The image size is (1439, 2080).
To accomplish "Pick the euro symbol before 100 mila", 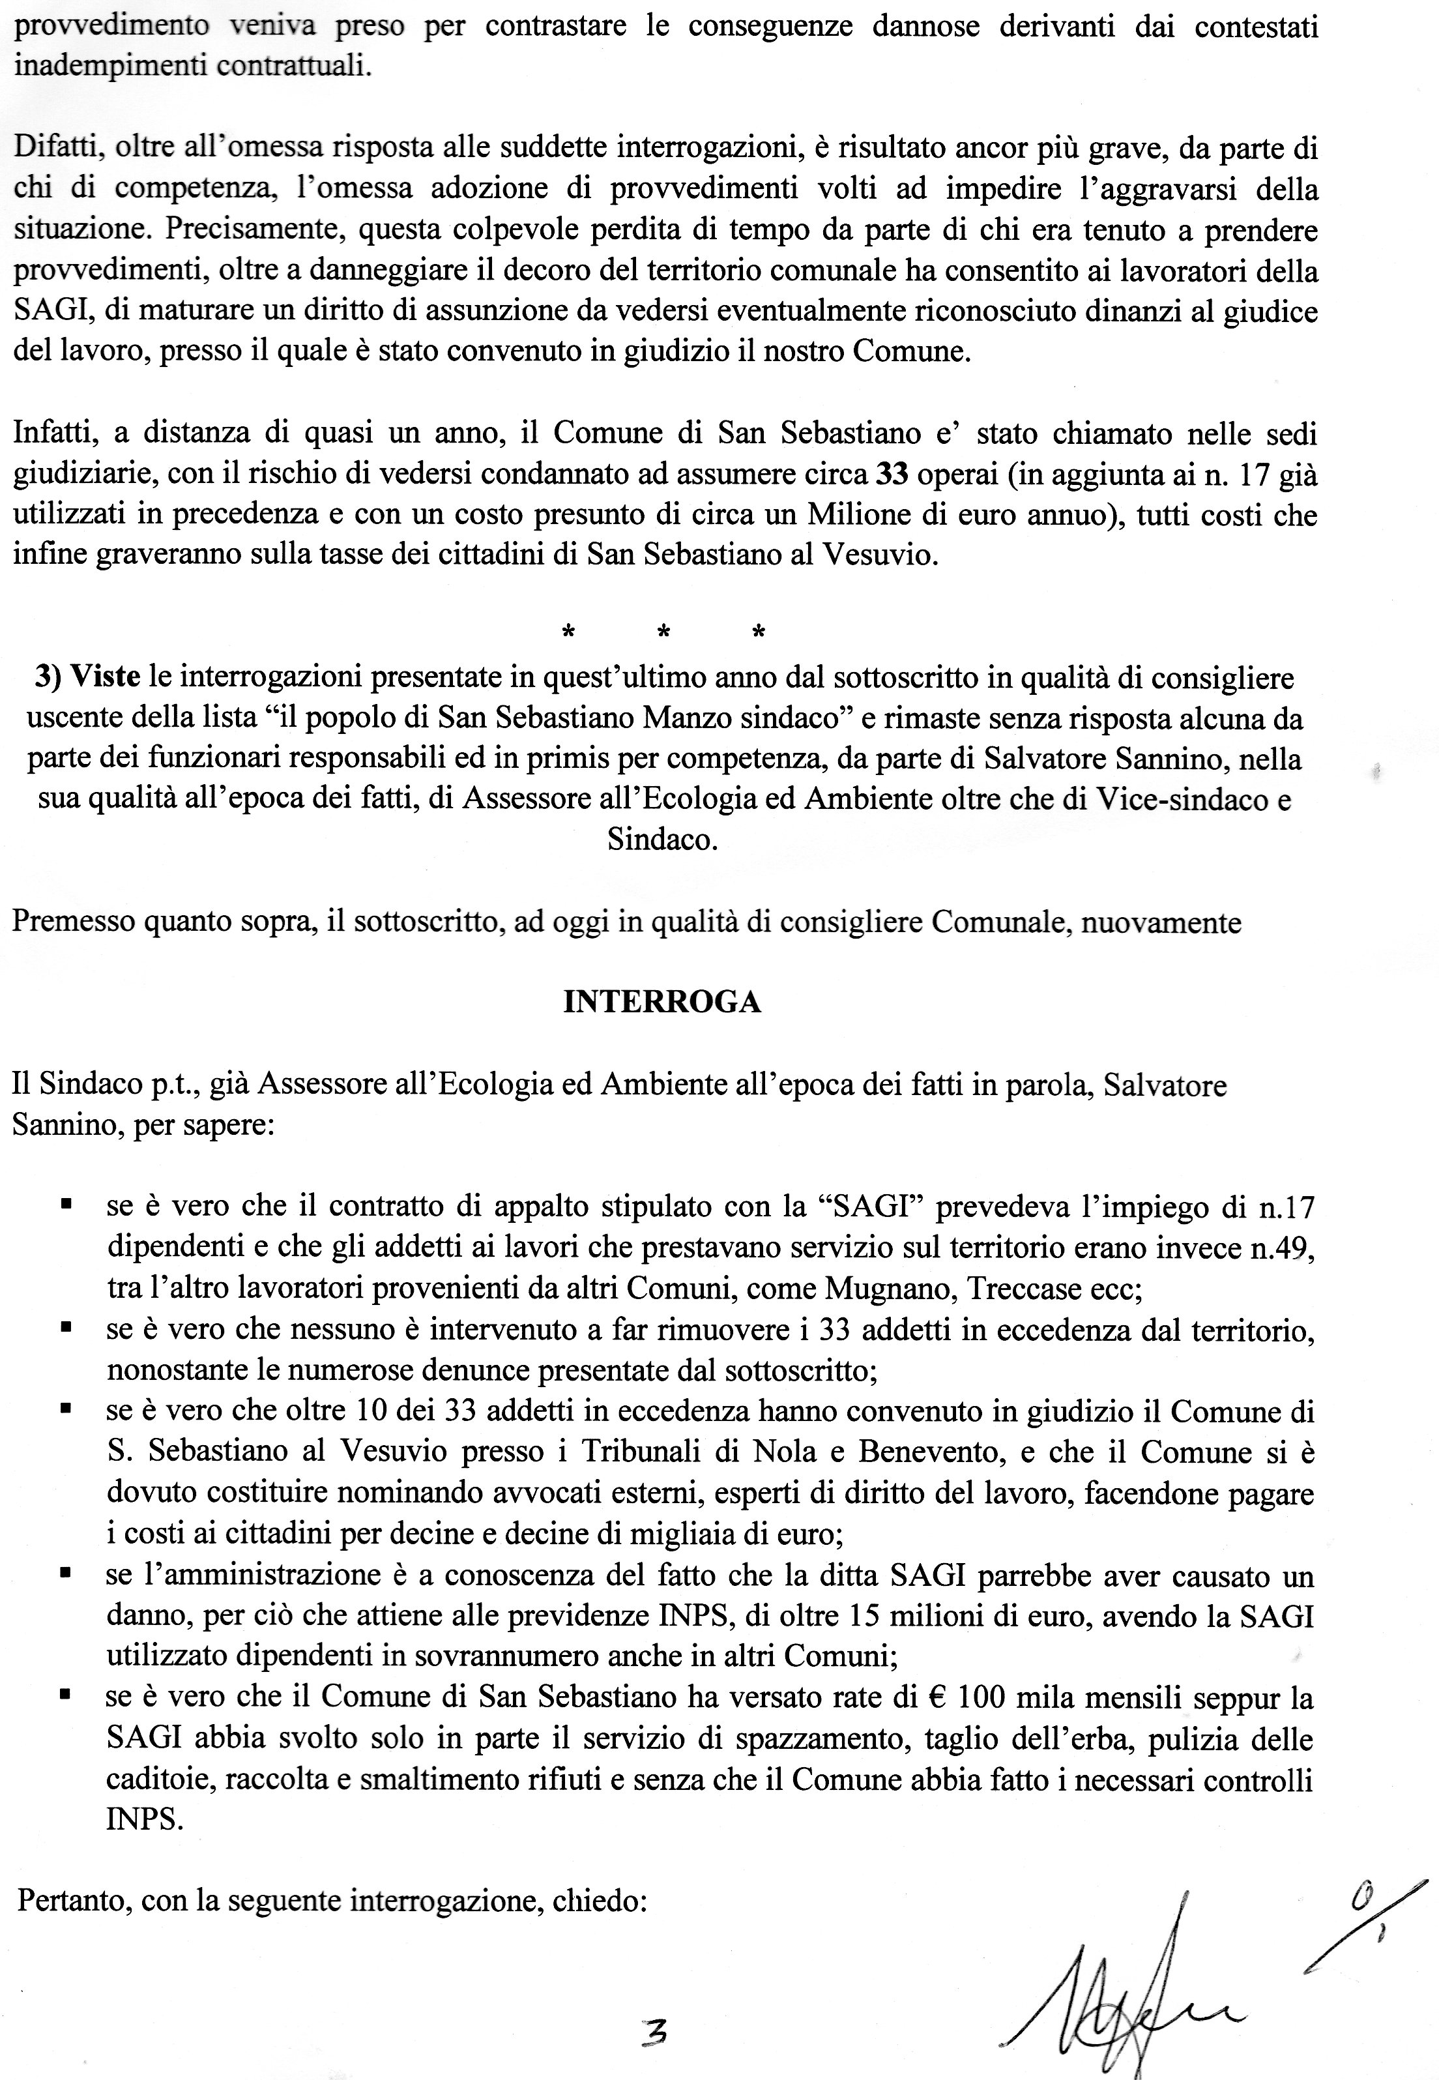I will (936, 1698).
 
